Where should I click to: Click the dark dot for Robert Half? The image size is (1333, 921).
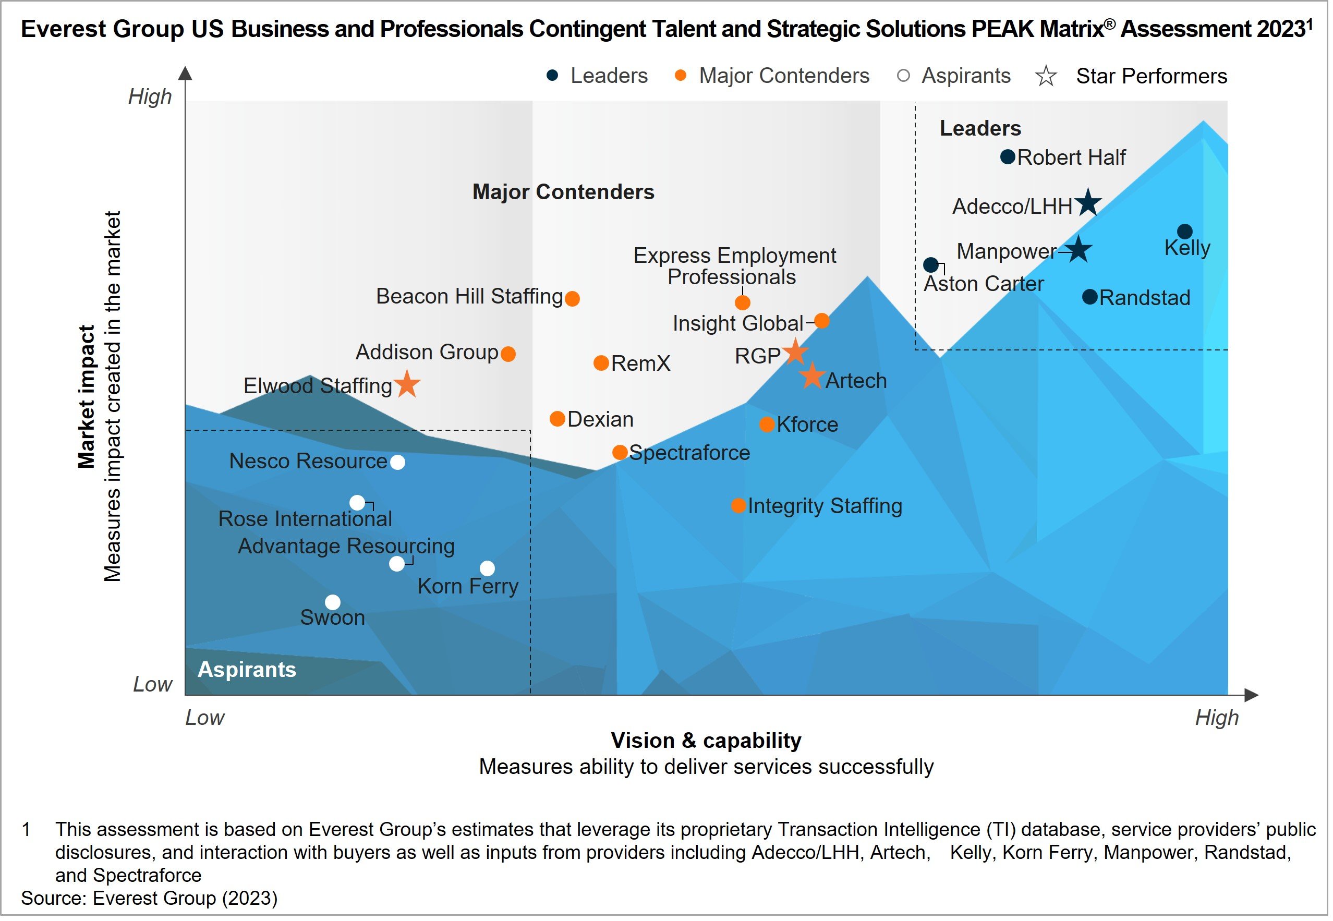click(1011, 157)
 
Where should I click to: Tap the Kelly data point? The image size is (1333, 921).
click(1189, 233)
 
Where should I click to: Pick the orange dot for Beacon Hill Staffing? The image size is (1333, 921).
click(574, 299)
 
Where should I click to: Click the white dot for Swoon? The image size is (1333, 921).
click(334, 604)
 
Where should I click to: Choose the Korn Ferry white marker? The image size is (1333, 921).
click(489, 570)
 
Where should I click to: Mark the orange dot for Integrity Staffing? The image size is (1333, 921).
click(741, 508)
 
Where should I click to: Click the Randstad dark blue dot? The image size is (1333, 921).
click(1094, 298)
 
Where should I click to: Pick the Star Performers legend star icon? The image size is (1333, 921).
click(1050, 76)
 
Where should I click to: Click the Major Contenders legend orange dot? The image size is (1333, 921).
click(683, 76)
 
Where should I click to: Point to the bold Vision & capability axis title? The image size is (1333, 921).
click(709, 743)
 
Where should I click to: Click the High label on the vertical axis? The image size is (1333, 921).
click(151, 97)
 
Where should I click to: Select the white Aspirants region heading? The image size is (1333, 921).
click(248, 672)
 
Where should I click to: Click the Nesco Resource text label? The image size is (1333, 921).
click(309, 463)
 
